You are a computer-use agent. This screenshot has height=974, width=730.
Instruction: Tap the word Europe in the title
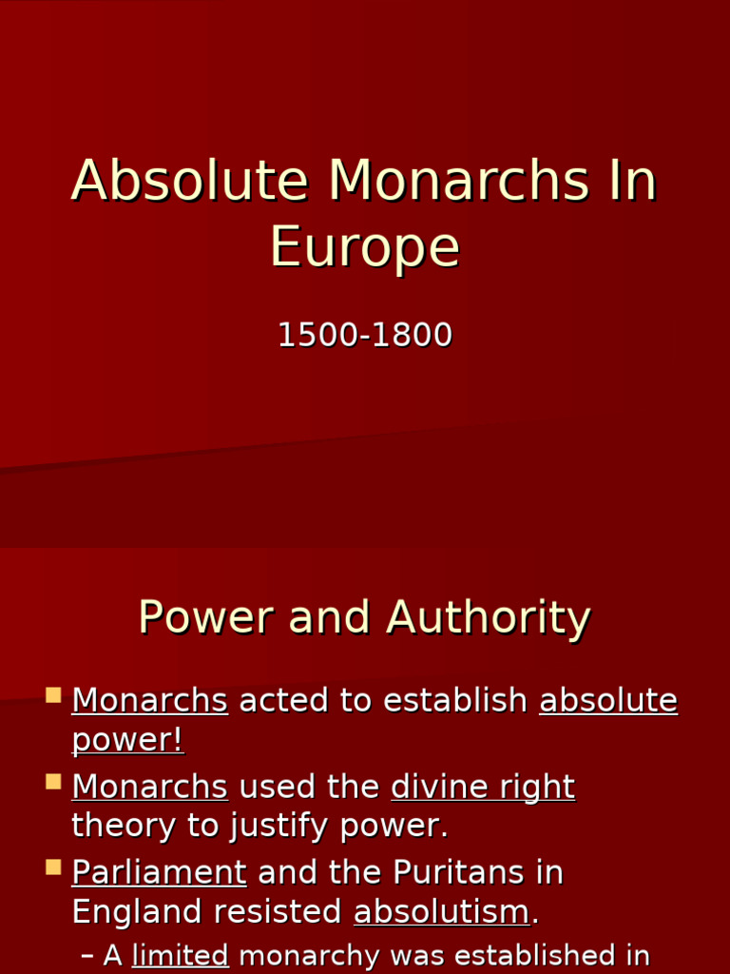(365, 247)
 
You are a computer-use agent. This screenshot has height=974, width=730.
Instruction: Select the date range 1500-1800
(365, 336)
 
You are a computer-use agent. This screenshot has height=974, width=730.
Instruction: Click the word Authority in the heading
(489, 618)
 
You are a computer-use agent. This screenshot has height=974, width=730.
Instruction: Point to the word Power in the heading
(207, 618)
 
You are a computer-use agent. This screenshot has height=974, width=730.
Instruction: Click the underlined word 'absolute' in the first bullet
(608, 701)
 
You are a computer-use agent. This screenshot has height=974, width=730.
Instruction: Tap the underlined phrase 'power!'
(127, 741)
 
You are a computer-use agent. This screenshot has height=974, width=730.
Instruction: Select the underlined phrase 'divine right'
(483, 788)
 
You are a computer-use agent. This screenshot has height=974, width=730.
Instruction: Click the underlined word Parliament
(159, 872)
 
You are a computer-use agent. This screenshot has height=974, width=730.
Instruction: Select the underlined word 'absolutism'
(441, 912)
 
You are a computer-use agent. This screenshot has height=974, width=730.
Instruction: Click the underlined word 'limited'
(181, 956)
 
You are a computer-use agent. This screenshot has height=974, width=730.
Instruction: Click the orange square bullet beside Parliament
(53, 867)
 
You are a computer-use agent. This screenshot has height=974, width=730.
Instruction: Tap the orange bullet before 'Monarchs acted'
(53, 695)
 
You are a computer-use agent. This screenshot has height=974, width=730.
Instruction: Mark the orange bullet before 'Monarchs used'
(53, 782)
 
